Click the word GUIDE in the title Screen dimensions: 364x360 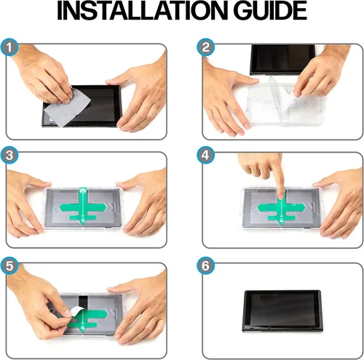pos(270,10)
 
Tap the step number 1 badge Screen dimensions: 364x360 pos(9,47)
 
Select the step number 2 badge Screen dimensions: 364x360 pos(205,47)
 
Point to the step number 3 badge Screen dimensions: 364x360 pos(9,155)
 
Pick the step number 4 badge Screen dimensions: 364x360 pos(205,155)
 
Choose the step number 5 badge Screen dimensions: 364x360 pos(9,265)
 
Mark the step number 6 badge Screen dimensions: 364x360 pos(205,265)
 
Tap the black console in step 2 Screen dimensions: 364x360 pos(282,60)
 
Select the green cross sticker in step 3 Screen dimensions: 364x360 pos(83,207)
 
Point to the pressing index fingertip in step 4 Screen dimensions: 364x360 pos(281,195)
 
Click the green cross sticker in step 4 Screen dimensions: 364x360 pos(282,209)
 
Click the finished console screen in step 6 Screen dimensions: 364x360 pos(282,310)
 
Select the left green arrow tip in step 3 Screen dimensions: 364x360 pos(60,207)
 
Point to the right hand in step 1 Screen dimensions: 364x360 pos(140,97)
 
